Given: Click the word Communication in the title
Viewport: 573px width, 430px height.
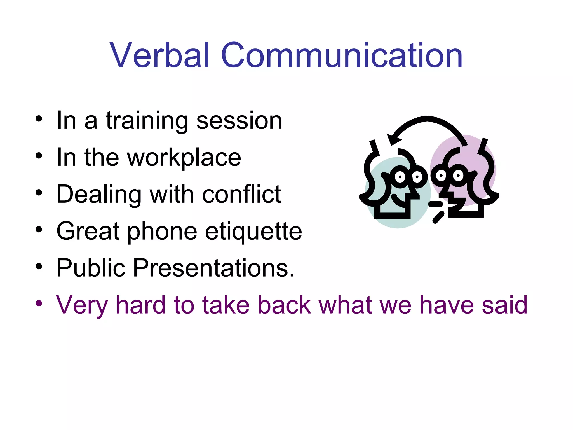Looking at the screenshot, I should [x=341, y=55].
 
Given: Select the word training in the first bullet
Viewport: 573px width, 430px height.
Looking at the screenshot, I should [x=147, y=121].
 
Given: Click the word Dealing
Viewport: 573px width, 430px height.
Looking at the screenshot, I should [x=99, y=195].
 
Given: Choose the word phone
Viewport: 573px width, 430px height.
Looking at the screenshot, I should [x=162, y=232].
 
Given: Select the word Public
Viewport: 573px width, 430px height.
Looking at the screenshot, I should [x=91, y=268].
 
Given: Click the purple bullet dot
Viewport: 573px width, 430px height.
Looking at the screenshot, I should [x=39, y=303].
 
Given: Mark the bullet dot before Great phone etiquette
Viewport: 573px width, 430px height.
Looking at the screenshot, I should [x=39, y=230].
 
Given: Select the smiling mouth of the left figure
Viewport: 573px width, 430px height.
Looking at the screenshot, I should [x=399, y=201].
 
